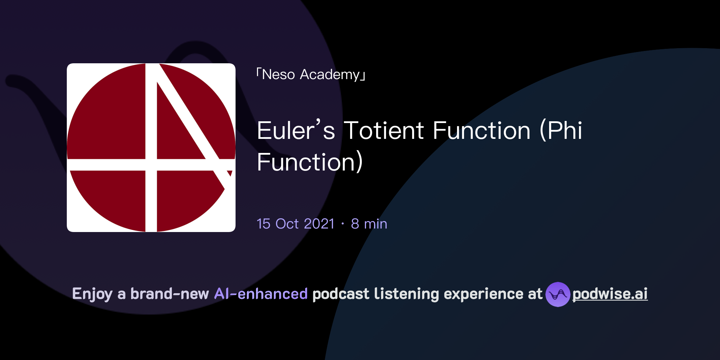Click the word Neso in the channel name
click(278, 75)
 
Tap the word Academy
click(329, 75)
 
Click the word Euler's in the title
click(296, 131)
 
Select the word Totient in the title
click(384, 131)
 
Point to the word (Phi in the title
click(561, 131)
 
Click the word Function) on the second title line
click(309, 162)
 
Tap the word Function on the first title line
click(481, 131)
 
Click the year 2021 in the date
click(319, 224)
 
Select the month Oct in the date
click(287, 224)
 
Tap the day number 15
click(263, 224)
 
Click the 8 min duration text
click(369, 224)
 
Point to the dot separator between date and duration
click(343, 224)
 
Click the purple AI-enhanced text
click(261, 294)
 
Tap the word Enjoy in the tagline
click(92, 294)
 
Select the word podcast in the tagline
click(341, 294)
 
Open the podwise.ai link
click(610, 294)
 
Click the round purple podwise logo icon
click(558, 294)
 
